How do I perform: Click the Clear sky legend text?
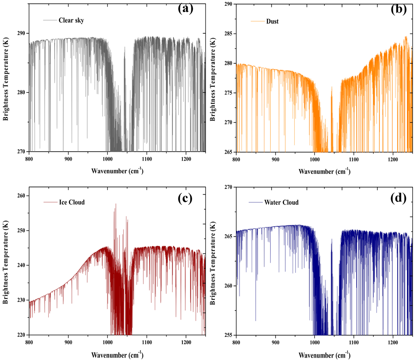pos(71,20)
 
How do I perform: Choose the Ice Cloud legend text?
pos(72,202)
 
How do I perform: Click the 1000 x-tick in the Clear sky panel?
pos(107,159)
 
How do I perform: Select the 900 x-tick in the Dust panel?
pos(276,159)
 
